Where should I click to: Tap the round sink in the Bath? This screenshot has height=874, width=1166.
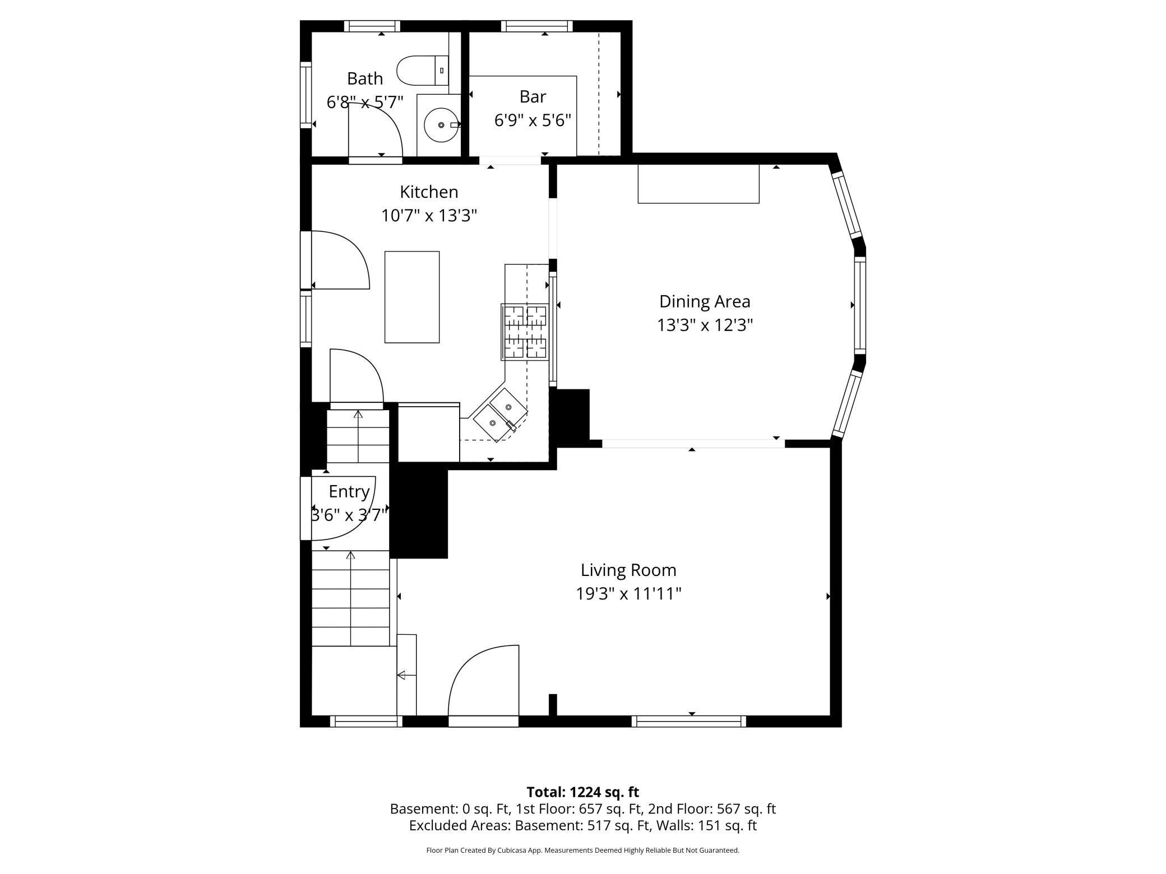[441, 125]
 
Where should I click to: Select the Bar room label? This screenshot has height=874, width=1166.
[532, 97]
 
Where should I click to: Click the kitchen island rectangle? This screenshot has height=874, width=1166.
[411, 297]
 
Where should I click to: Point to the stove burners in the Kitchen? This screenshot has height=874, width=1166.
[525, 332]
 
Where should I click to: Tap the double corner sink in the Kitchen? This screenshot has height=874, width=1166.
[501, 415]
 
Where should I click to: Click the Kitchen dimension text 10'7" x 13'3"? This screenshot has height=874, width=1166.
[429, 216]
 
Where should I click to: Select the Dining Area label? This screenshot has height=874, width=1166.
[704, 301]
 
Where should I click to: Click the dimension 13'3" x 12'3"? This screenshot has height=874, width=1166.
[704, 325]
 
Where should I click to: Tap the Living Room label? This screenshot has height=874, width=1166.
[628, 570]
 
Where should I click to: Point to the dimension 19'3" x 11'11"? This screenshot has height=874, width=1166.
[628, 594]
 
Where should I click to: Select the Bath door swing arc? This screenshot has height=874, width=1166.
[374, 132]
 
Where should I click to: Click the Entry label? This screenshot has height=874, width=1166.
[349, 491]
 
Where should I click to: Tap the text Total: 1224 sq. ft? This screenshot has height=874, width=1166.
[582, 792]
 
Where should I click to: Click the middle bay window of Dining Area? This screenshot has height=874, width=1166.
[859, 305]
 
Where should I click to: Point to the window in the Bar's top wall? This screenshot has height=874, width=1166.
[536, 26]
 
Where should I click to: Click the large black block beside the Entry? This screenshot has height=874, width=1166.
[419, 513]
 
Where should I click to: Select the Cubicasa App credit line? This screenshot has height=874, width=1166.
[582, 850]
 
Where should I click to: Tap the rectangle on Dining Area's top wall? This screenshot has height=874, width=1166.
[698, 184]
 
